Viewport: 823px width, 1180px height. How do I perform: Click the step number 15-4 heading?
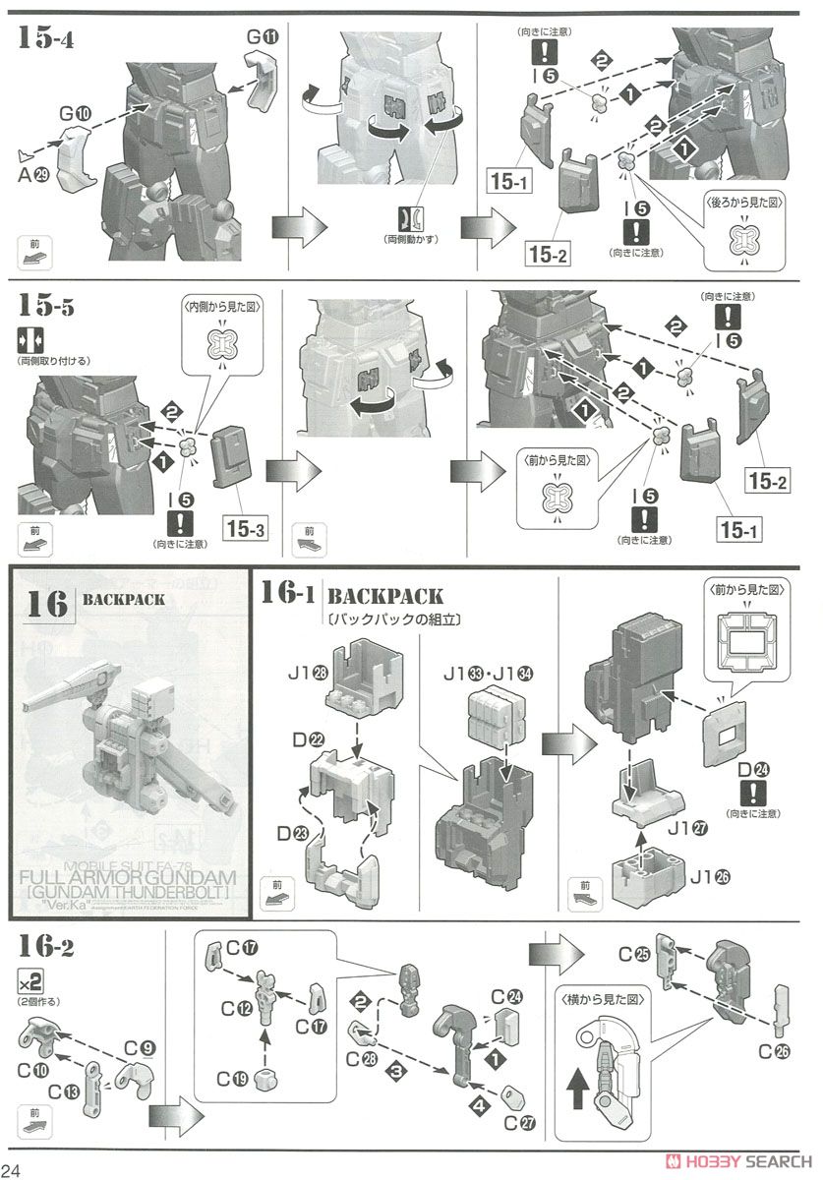pyautogui.click(x=48, y=40)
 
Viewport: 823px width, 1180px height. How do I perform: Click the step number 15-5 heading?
pyautogui.click(x=48, y=306)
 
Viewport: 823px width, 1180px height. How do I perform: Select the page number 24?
pyautogui.click(x=15, y=1168)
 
